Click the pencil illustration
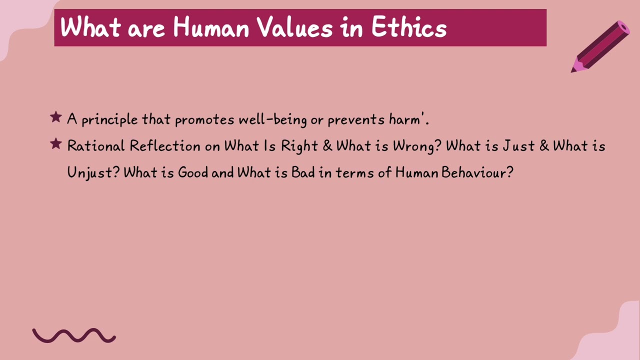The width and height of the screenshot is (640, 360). pyautogui.click(x=600, y=46)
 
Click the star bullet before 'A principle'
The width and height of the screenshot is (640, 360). pyautogui.click(x=55, y=118)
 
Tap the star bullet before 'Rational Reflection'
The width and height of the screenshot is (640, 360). pyautogui.click(x=55, y=144)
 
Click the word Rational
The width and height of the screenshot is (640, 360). pyautogui.click(x=95, y=146)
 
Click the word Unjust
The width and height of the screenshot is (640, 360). pyautogui.click(x=93, y=173)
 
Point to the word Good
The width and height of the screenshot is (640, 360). pyautogui.click(x=193, y=172)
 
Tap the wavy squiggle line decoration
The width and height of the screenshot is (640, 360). pyautogui.click(x=74, y=335)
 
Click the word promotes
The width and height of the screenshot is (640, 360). pyautogui.click(x=204, y=120)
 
